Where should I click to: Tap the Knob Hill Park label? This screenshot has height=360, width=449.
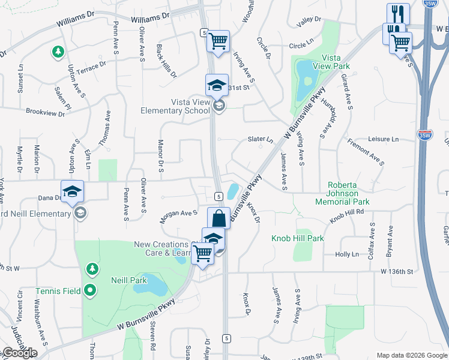[297, 238]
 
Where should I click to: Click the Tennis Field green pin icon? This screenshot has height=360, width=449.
[91, 292]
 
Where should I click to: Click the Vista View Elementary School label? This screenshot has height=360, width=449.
[175, 106]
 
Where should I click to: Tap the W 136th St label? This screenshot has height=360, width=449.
[397, 272]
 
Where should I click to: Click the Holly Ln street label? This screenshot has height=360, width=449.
[347, 254]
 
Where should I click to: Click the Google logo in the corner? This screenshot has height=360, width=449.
[20, 353]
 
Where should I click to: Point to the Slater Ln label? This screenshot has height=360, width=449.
[261, 139]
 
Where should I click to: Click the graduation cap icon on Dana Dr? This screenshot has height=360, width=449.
[72, 191]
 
